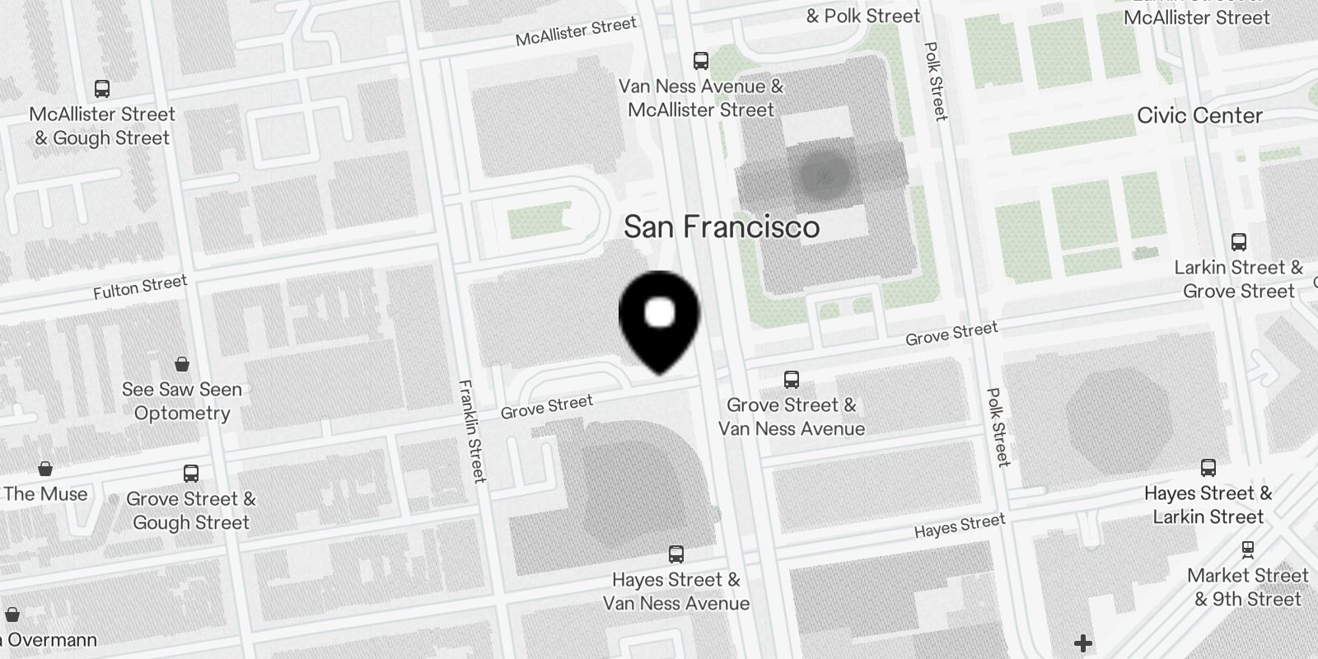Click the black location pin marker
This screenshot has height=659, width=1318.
[659, 317]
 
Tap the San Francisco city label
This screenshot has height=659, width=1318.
[722, 227]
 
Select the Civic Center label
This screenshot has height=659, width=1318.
[1199, 115]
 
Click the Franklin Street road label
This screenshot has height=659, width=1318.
[473, 430]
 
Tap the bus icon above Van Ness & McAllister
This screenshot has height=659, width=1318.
[701, 60]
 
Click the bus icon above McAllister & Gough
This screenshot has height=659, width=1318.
[102, 88]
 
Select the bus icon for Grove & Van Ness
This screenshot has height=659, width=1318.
[792, 379]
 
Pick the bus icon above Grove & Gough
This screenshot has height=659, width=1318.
[191, 473]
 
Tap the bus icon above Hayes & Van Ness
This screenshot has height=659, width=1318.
[676, 554]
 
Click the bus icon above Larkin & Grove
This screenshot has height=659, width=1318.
[1239, 242]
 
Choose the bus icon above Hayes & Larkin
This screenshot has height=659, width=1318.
[1208, 468]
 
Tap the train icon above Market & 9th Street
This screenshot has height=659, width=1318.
[1248, 549]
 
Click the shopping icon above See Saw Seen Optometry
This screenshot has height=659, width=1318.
[182, 363]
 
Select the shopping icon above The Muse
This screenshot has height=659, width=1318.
[45, 468]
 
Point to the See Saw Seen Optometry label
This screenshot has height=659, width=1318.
[182, 401]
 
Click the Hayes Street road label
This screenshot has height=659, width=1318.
[960, 526]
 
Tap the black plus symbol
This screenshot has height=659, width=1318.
[1083, 643]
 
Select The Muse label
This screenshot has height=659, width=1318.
[45, 493]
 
